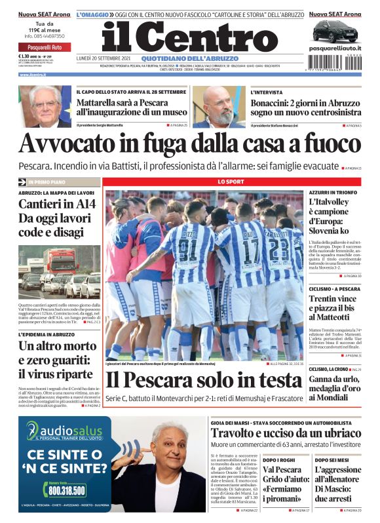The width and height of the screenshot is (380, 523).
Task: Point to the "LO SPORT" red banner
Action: [x=231, y=181]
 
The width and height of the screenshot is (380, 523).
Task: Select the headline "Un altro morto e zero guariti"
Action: [x=56, y=360]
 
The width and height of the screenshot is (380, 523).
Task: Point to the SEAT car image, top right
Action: [x=335, y=31]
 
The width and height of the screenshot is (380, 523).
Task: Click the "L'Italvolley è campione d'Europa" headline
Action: [x=332, y=216]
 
